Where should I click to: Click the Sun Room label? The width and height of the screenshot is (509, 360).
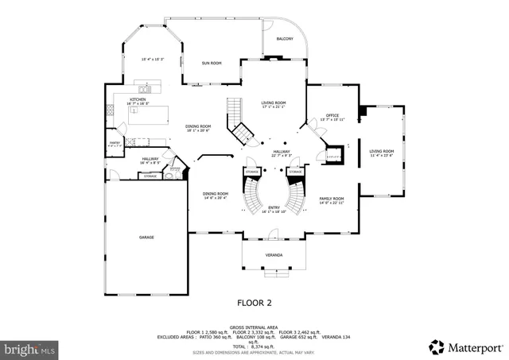[x=211, y=63]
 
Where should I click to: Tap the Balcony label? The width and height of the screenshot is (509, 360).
[x=285, y=39]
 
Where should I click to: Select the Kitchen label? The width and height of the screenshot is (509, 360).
[x=138, y=99]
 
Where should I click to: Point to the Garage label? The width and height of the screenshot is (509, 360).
[x=147, y=237]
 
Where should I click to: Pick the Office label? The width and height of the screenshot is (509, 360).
[x=332, y=116]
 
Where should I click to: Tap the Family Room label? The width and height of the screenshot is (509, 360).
[x=332, y=199]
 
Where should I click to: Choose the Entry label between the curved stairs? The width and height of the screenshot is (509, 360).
[x=274, y=208]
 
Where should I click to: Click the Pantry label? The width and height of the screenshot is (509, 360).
[x=115, y=143]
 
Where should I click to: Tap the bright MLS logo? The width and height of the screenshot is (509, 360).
[x=30, y=348]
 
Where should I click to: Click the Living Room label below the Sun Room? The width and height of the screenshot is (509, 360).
[x=274, y=103]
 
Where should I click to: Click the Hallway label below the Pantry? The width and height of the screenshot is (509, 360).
[x=150, y=159]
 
